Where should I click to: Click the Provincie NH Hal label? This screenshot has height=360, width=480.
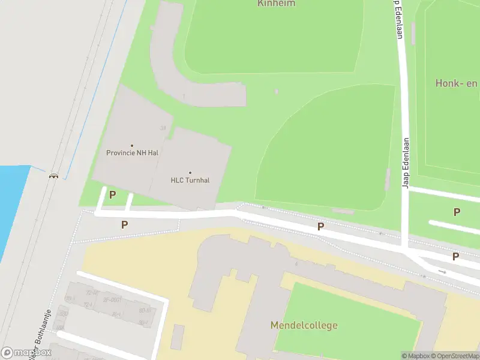(x=132, y=152)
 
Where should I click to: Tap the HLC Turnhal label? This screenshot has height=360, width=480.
(x=190, y=180)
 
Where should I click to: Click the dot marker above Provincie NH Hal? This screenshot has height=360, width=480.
(x=132, y=145)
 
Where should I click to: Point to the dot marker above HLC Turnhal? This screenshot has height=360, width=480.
(x=190, y=173)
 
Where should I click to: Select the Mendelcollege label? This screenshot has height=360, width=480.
(x=304, y=325)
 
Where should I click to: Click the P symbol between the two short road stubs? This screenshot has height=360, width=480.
(x=112, y=195)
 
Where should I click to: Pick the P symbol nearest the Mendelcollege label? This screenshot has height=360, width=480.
(x=321, y=226)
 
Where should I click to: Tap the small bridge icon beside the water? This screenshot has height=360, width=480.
(x=54, y=176)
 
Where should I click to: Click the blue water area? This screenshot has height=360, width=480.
(x=12, y=204)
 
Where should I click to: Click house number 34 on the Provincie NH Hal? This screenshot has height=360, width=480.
(x=163, y=128)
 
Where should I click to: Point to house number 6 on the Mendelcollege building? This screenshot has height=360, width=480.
(x=296, y=263)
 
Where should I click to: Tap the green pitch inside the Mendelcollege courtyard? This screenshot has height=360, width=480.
(x=348, y=318)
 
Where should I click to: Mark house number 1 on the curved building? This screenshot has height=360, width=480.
(x=184, y=96)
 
